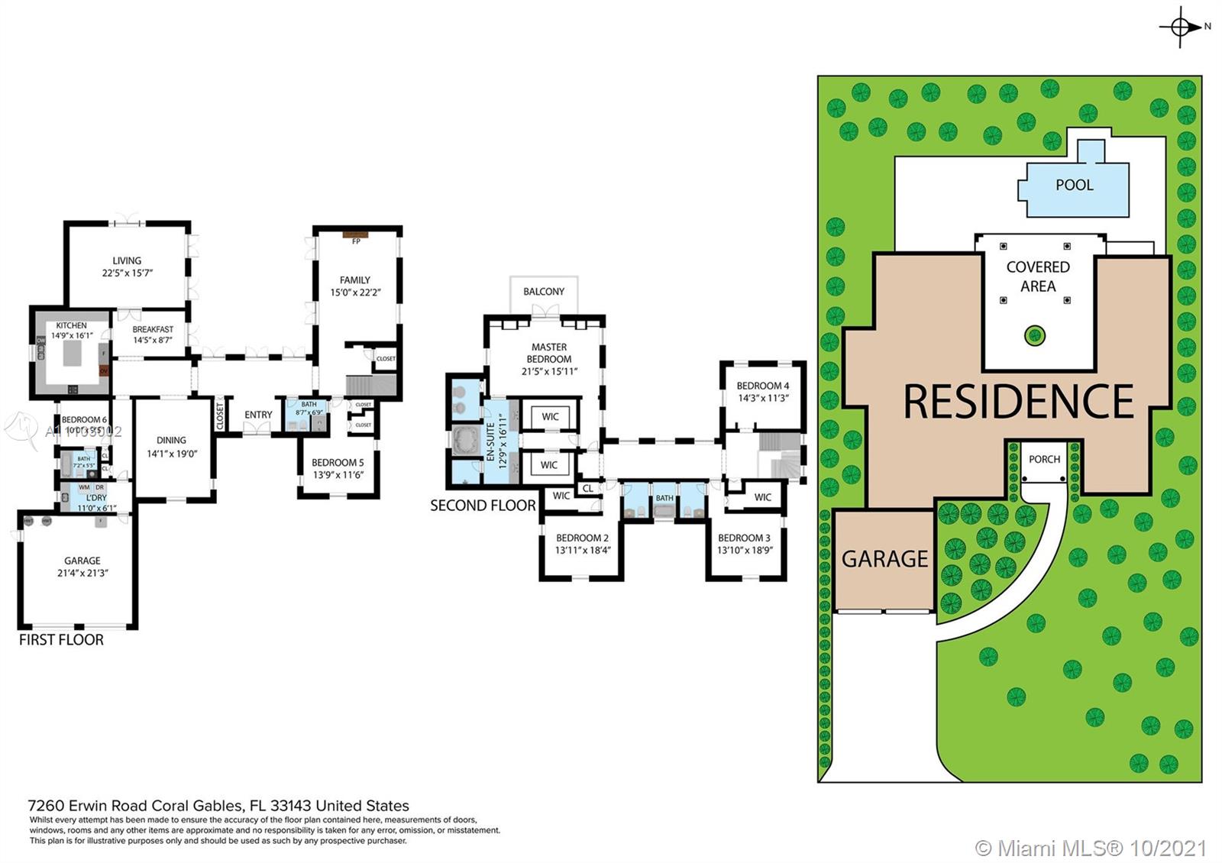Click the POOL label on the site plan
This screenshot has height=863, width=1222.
pyautogui.click(x=1074, y=185)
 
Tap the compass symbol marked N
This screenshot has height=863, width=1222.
pyautogui.click(x=1181, y=27)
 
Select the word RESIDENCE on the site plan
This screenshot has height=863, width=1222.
pyautogui.click(x=1018, y=402)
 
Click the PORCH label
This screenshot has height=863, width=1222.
pyautogui.click(x=1044, y=459)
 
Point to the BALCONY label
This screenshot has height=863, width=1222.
pyautogui.click(x=544, y=292)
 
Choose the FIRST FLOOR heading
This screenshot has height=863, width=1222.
pyautogui.click(x=61, y=640)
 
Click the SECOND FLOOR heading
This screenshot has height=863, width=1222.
pyautogui.click(x=483, y=506)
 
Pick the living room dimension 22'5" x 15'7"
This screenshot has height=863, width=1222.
pyautogui.click(x=128, y=273)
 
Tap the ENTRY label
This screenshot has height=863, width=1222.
pyautogui.click(x=258, y=415)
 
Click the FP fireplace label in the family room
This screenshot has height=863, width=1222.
pyautogui.click(x=356, y=241)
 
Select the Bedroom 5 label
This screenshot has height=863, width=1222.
pyautogui.click(x=338, y=462)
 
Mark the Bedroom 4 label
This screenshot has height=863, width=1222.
pyautogui.click(x=763, y=386)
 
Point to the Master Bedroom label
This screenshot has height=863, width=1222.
pyautogui.click(x=549, y=353)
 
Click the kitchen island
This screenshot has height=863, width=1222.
pyautogui.click(x=73, y=354)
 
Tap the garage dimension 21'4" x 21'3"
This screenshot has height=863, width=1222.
pyautogui.click(x=82, y=573)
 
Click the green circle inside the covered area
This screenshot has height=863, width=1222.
pyautogui.click(x=1034, y=335)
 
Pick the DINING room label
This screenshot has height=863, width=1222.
pyautogui.click(x=171, y=440)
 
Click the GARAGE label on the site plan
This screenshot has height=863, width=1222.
pyautogui.click(x=884, y=559)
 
